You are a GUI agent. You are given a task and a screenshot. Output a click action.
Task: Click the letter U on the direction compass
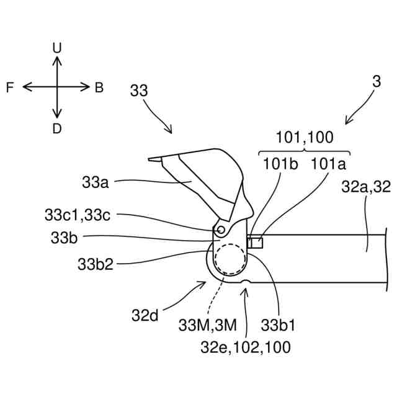click(x=57, y=47)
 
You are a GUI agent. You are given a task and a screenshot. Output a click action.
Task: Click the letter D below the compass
click(x=57, y=128)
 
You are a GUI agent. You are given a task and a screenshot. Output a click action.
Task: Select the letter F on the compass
click(x=11, y=88)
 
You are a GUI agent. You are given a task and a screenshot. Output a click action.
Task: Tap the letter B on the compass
click(x=99, y=88)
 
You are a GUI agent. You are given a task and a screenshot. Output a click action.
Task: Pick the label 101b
click(x=280, y=164)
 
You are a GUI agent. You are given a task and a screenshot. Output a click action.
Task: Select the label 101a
click(x=328, y=164)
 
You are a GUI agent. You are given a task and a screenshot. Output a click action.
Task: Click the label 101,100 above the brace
click(x=305, y=138)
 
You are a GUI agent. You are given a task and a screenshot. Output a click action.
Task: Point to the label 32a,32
click(x=366, y=188)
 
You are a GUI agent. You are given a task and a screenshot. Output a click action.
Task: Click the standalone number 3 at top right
click(x=376, y=81)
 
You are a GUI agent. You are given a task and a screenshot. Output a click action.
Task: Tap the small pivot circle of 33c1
click(x=221, y=230)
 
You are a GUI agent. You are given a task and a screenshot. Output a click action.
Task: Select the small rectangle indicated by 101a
click(x=256, y=242)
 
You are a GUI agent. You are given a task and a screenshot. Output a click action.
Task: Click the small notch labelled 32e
click(x=246, y=283)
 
